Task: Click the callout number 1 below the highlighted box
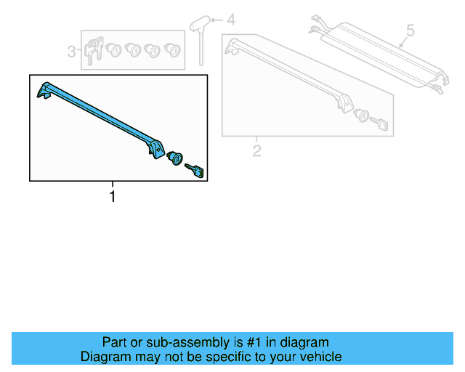point(112,196)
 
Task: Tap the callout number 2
point(256,150)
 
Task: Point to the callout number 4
point(231,20)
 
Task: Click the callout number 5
point(410,31)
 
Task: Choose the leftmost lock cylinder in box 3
point(114,50)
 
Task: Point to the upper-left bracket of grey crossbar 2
point(235,47)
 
